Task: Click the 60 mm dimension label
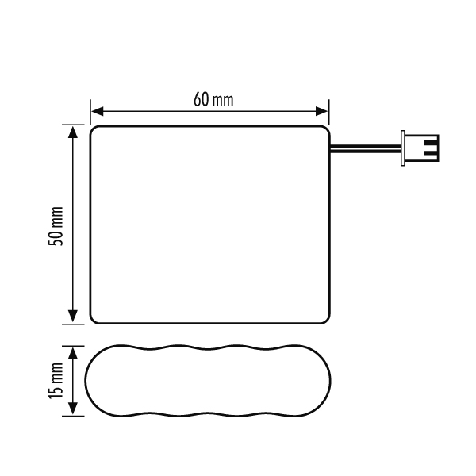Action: click(x=213, y=99)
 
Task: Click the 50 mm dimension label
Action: click(x=56, y=226)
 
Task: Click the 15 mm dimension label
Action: click(x=56, y=381)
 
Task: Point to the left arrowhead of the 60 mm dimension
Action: click(x=97, y=111)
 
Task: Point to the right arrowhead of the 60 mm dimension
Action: click(x=321, y=111)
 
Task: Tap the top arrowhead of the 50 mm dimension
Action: click(x=73, y=132)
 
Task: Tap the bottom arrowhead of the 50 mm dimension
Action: click(x=73, y=317)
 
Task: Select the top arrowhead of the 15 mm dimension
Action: click(x=73, y=353)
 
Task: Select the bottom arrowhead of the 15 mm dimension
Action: click(x=73, y=409)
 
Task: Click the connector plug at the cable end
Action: click(x=420, y=148)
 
